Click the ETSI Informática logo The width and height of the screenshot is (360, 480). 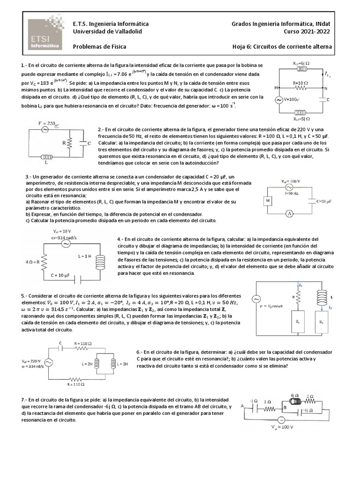(x=45, y=35)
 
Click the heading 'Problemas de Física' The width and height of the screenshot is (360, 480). (x=99, y=47)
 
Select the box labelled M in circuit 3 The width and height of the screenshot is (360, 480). (x=268, y=200)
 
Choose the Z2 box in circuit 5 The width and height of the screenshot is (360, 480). (x=322, y=322)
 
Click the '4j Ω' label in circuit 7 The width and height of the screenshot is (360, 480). (x=295, y=395)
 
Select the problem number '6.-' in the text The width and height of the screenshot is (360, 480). (x=139, y=352)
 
